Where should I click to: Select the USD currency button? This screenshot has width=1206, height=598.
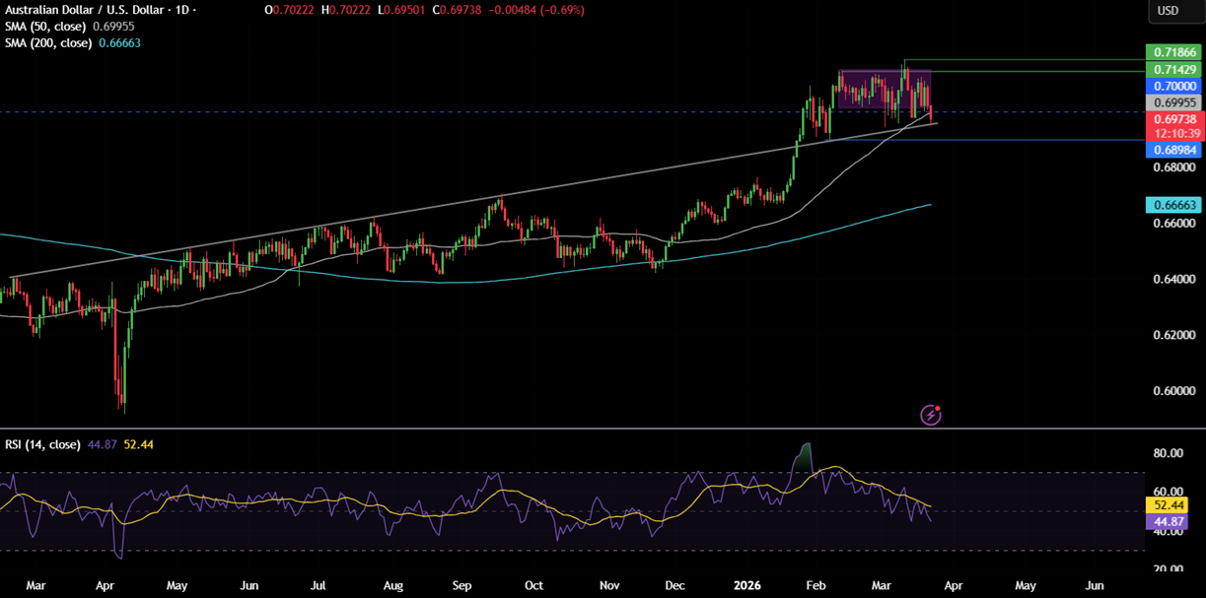[x=1168, y=11]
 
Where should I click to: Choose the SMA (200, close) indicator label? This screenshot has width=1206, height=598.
[x=50, y=43]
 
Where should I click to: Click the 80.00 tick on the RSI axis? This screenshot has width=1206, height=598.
[x=1169, y=453]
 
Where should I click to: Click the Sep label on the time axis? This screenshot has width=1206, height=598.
[x=462, y=584]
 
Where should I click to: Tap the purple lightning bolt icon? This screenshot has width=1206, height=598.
[x=931, y=415]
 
